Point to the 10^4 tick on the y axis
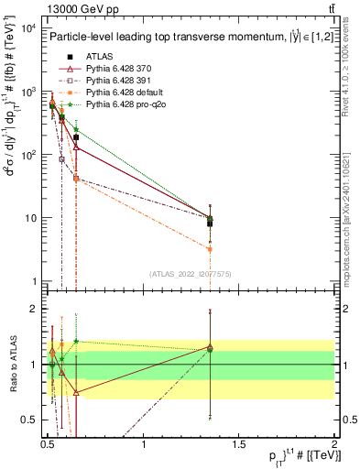click(x=29, y=28)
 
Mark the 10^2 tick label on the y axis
click(x=29, y=155)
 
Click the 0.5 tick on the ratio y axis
click(x=30, y=420)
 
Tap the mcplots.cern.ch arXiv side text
click(x=352, y=211)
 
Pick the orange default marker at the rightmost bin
click(x=211, y=248)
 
